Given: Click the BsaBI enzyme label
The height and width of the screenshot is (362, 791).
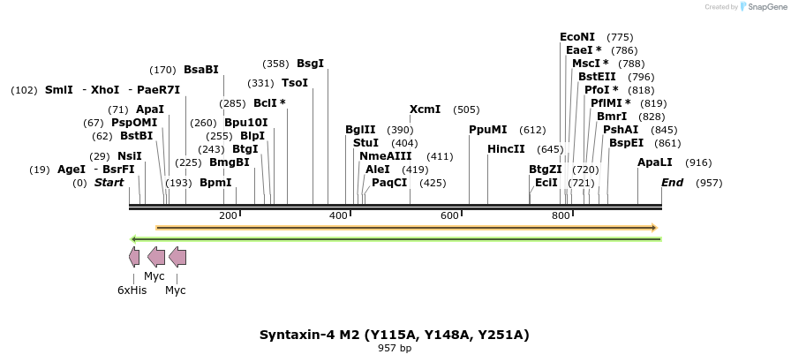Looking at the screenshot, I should click(200, 70).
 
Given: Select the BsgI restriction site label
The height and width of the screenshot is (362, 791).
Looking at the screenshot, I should click(310, 64).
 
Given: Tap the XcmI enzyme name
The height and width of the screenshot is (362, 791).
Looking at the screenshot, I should click(425, 109).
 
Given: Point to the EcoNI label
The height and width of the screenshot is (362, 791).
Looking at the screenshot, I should click(577, 37).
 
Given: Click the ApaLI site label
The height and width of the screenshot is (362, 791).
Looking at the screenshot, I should click(655, 162).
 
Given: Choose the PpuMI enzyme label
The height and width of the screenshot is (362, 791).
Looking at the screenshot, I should click(488, 130).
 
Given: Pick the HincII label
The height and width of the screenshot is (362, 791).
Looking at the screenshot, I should click(506, 149).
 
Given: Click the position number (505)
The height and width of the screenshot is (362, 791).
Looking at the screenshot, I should click(466, 109).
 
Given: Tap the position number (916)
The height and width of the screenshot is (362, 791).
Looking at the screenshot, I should click(698, 162).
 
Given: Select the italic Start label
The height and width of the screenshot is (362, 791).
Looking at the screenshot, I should click(109, 183).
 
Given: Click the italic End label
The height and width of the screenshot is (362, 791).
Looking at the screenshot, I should click(672, 183).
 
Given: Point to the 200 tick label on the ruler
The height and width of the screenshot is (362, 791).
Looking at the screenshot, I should click(228, 216).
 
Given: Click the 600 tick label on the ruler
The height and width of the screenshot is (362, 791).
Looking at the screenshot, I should click(449, 216).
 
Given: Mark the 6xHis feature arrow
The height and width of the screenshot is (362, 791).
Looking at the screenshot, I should click(134, 257).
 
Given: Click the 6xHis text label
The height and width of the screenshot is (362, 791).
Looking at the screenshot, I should click(132, 290).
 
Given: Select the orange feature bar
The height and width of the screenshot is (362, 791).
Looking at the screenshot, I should click(406, 228).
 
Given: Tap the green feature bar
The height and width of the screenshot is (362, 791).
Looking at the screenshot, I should click(395, 239).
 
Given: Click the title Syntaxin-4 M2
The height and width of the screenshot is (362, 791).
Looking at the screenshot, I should click(394, 335).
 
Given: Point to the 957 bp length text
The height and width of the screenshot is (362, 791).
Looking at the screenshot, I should click(395, 349).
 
